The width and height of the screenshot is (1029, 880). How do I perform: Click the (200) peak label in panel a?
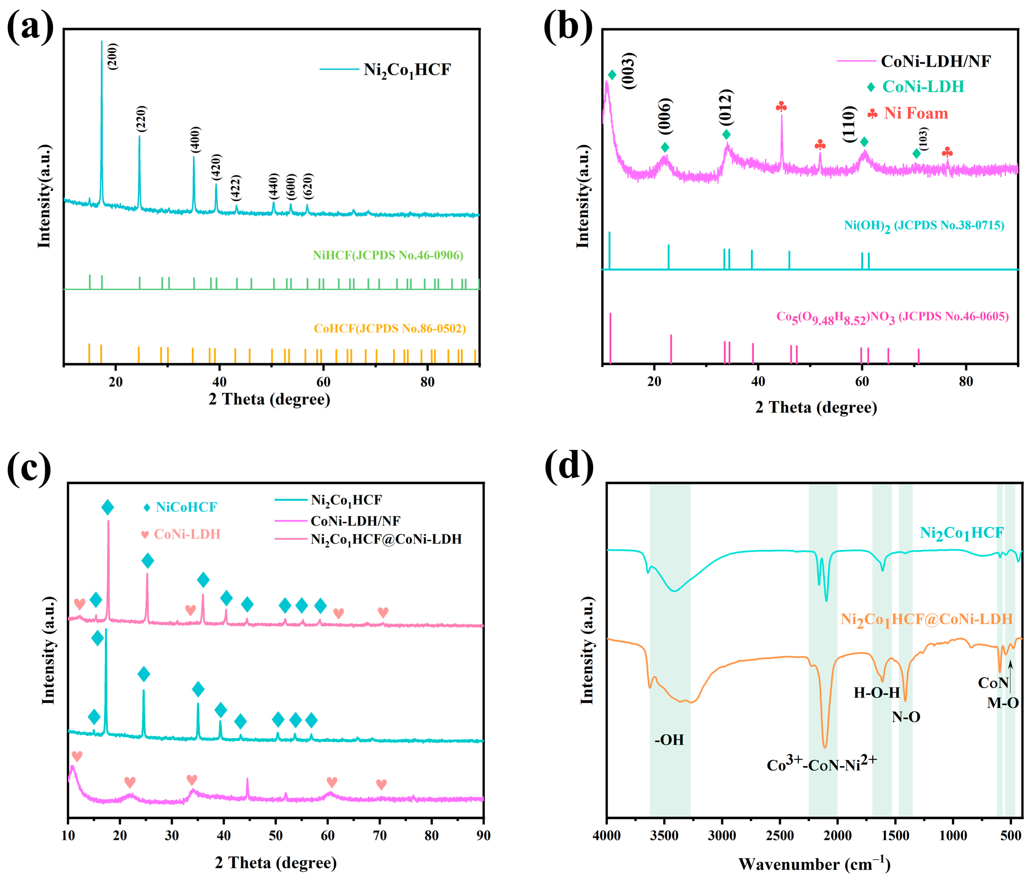click(113, 56)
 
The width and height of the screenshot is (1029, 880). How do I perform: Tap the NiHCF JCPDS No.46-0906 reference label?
click(388, 255)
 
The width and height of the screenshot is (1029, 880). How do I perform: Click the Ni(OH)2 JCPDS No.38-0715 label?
click(924, 226)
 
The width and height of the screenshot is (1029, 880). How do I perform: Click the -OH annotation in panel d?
click(669, 740)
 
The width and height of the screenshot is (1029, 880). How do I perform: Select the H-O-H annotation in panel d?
click(877, 693)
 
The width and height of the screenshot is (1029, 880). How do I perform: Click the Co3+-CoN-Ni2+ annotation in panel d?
click(821, 765)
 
